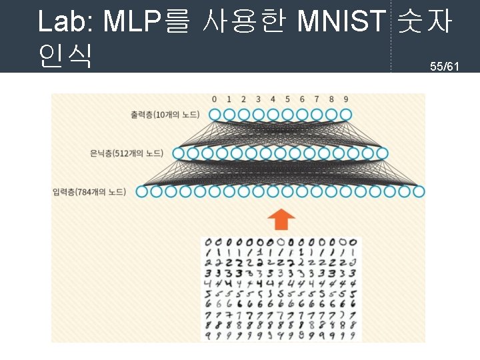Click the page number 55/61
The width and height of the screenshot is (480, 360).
445,66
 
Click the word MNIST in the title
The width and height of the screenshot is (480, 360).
341,22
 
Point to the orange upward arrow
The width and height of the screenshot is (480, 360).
281,218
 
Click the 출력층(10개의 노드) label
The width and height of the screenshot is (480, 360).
165,115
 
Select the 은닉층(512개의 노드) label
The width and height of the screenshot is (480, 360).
126,153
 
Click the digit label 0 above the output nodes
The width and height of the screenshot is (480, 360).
214,99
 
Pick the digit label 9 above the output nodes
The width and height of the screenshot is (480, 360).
345,99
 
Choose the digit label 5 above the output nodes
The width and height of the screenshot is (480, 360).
287,99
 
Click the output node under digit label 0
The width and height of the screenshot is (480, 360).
215,115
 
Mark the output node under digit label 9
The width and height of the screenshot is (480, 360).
345,115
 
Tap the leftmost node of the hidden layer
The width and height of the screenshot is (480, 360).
178,153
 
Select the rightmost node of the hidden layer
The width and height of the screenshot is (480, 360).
382,153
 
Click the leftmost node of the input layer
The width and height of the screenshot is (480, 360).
142,192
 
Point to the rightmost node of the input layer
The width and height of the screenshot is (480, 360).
418,192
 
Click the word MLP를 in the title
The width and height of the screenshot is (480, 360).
144,22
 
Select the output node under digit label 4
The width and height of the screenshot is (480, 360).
273,115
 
